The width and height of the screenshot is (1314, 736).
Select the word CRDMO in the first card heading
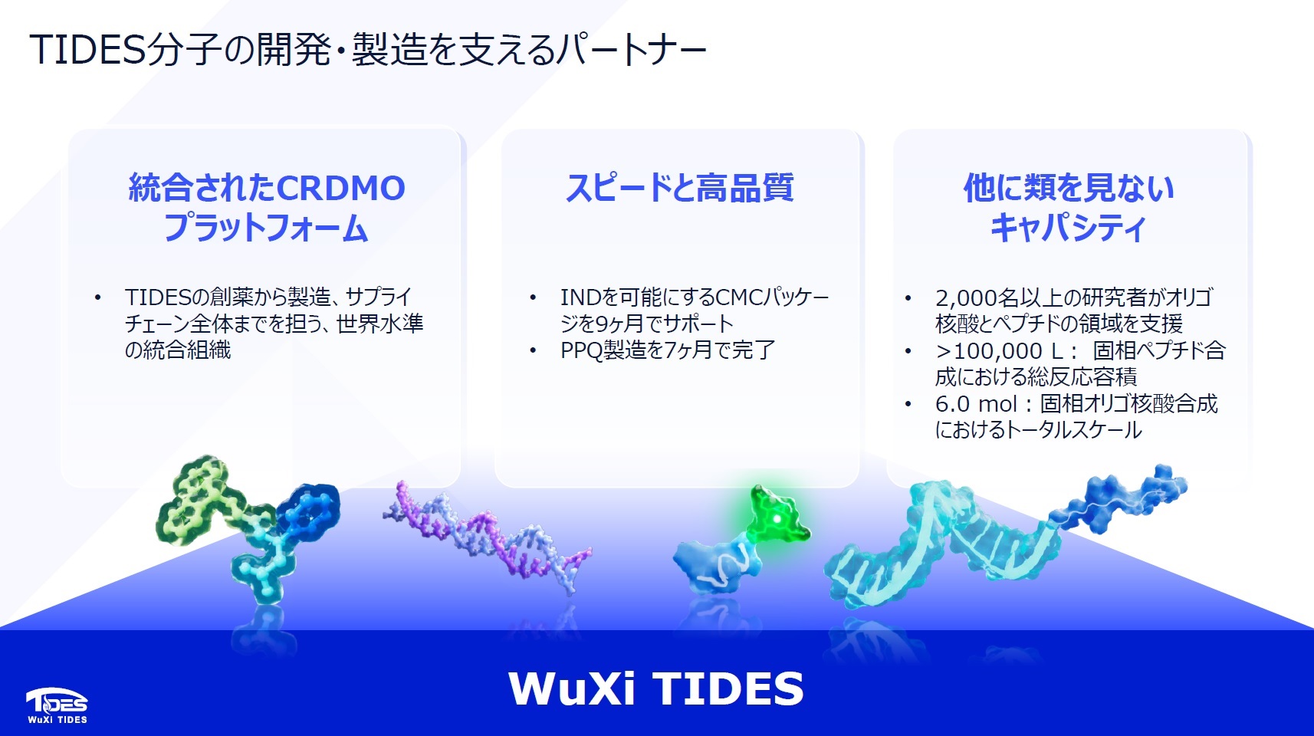341,189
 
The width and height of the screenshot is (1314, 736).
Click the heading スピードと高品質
679,188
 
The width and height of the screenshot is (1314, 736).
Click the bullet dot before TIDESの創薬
97,297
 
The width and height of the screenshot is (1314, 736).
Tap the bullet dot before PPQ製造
533,350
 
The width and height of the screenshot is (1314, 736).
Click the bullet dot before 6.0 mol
908,404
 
